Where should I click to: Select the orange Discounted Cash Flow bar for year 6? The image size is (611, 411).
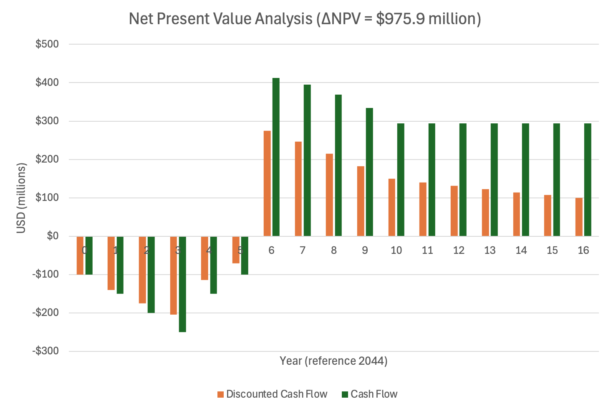[x=267, y=183]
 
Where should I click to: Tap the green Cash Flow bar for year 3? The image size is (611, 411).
[x=182, y=284]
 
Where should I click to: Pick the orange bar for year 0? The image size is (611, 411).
[x=80, y=255]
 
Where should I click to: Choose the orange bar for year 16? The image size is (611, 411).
[x=579, y=217]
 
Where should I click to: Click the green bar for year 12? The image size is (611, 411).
[x=463, y=180]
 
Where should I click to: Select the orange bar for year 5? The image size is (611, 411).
[x=236, y=250]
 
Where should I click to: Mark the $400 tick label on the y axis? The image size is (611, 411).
[x=47, y=83]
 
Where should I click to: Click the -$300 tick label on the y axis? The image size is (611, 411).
[x=45, y=351]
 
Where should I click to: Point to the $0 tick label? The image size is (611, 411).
[x=52, y=236]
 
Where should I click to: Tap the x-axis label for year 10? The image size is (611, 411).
[x=396, y=250]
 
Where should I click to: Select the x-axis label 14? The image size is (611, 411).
[x=521, y=250]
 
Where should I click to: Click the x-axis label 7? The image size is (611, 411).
[x=303, y=250]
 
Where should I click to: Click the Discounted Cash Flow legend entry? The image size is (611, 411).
[x=276, y=394]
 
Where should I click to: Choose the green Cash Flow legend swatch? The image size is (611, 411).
[x=345, y=394]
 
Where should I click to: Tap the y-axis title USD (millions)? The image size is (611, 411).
[x=21, y=198]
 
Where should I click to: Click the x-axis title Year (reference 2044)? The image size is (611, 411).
[x=333, y=361]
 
